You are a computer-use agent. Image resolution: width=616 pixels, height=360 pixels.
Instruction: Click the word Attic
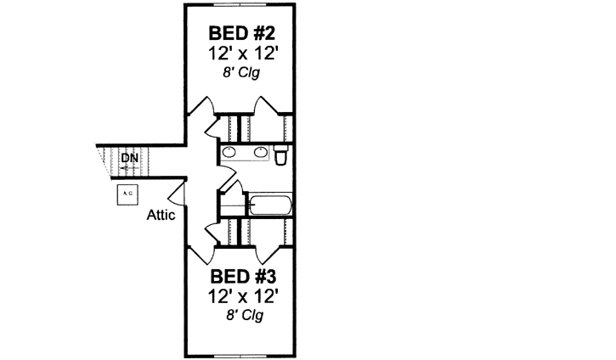coord(161,215)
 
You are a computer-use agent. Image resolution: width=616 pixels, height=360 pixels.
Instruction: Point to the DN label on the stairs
coord(129,158)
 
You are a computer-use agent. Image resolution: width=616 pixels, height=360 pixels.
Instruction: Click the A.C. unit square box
coord(128,194)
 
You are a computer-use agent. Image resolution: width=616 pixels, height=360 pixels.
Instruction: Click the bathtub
coord(270,205)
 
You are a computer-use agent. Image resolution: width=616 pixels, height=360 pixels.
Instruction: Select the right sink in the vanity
coord(260,154)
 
